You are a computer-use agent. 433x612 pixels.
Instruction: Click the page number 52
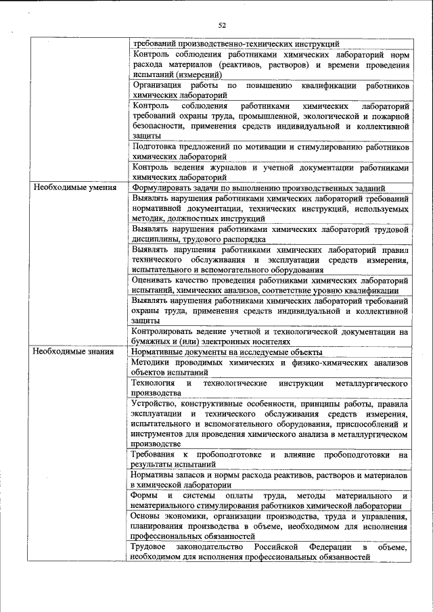221,25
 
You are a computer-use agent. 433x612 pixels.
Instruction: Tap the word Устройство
157,403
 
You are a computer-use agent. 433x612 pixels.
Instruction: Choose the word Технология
156,383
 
